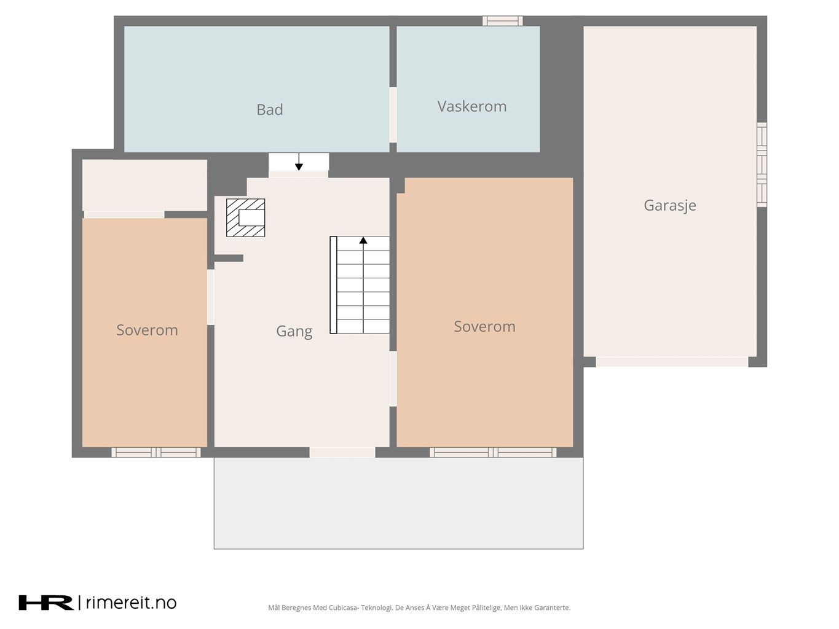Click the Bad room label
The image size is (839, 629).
tap(269, 110)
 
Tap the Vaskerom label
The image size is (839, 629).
tap(471, 106)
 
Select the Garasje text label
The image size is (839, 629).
tap(670, 206)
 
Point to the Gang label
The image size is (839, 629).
tap(294, 332)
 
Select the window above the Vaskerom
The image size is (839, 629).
tap(502, 21)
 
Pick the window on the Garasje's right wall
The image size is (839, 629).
tap(762, 165)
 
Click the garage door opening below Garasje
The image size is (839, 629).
tap(672, 362)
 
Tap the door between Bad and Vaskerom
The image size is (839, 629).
tap(393, 115)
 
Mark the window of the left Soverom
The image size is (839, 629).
tap(156, 452)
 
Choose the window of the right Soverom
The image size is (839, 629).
tap(493, 452)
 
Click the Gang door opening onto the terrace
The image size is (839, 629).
tap(342, 452)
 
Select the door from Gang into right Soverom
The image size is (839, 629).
tap(393, 378)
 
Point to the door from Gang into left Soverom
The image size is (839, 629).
tap(211, 297)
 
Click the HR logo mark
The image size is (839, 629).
tap(46, 603)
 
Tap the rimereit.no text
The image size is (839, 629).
tap(131, 603)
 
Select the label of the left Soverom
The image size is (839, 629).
tap(147, 330)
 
